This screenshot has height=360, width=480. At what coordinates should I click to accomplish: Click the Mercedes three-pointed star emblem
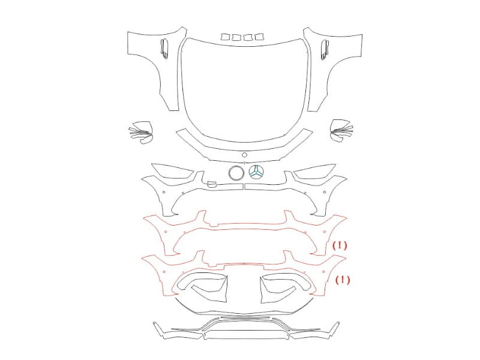pos(256,172)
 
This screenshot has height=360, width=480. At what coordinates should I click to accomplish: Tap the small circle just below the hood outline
pos(244,155)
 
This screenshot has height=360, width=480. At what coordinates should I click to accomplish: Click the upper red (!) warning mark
pos(340,245)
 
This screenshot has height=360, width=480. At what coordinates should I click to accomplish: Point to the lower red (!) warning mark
pos(343,280)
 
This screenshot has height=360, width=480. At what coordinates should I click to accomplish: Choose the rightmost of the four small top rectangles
pos(259,37)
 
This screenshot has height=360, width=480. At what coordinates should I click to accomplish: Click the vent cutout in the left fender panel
pos(164,49)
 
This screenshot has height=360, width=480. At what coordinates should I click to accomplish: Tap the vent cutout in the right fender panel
pos(325,49)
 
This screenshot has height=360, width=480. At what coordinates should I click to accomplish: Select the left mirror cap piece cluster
pos(141,132)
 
